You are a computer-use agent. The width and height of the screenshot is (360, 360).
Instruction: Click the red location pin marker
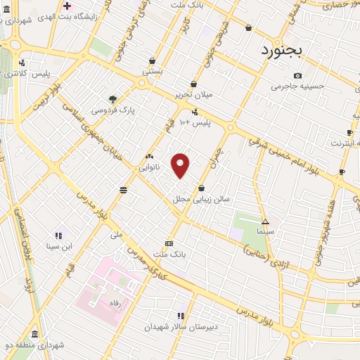point(181,165)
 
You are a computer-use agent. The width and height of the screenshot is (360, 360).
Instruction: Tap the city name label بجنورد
point(281,50)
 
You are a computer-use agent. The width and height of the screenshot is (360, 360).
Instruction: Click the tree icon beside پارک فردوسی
point(112,98)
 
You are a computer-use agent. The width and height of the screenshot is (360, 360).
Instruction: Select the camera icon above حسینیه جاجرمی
point(297,76)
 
